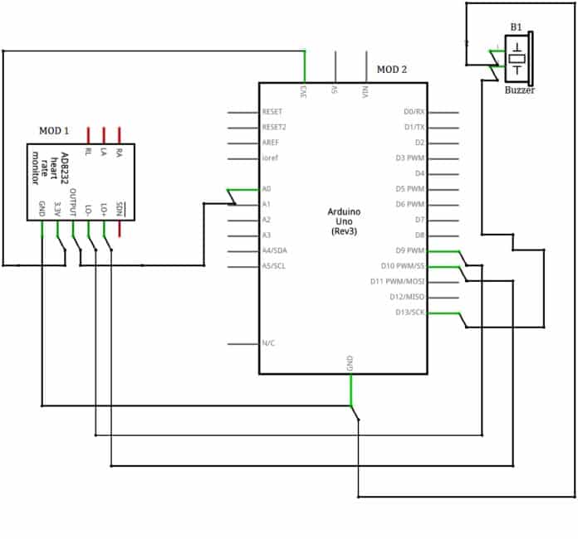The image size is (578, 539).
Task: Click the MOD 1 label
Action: click(x=54, y=131)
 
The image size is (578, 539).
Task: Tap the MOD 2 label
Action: click(x=392, y=70)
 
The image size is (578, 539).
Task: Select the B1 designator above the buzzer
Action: click(x=516, y=27)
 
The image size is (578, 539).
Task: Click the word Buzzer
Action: click(x=519, y=90)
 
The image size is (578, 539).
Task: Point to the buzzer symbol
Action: click(x=518, y=59)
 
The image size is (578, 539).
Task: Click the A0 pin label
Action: click(x=267, y=189)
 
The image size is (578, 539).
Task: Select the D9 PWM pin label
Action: click(x=410, y=250)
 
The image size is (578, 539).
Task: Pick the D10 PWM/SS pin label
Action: click(x=404, y=266)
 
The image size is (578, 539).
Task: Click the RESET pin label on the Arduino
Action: click(x=272, y=112)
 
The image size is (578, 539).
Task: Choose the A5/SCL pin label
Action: click(x=275, y=266)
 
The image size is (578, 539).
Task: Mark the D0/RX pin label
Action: click(x=414, y=112)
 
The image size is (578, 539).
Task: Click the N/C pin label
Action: click(x=269, y=343)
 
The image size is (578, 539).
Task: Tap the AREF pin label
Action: click(x=271, y=143)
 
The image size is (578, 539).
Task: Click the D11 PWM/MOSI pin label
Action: click(x=397, y=282)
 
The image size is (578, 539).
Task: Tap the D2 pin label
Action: click(x=419, y=143)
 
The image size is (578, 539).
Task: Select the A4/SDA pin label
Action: click(x=275, y=250)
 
